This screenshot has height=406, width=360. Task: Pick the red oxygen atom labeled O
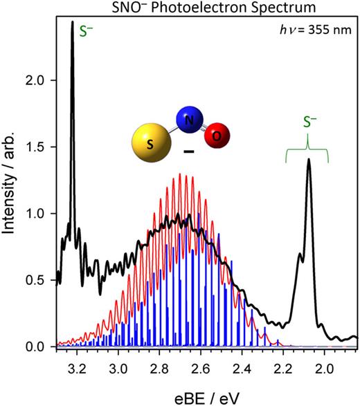click(x=216, y=136)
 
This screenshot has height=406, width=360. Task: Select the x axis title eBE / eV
click(x=204, y=392)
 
